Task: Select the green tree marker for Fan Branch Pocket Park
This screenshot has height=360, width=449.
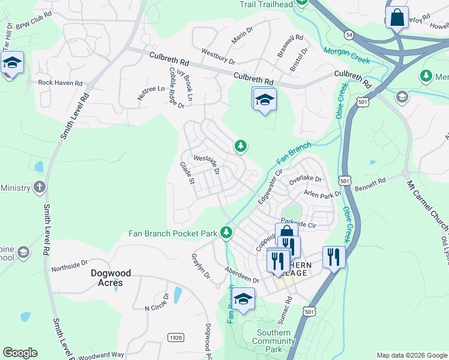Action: tap(226, 232)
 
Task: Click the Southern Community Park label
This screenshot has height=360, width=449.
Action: tap(274, 341)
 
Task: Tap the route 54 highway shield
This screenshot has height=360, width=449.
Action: tap(349, 36)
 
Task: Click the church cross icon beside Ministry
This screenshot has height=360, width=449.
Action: tap(40, 187)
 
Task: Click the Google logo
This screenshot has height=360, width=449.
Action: tap(20, 353)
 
